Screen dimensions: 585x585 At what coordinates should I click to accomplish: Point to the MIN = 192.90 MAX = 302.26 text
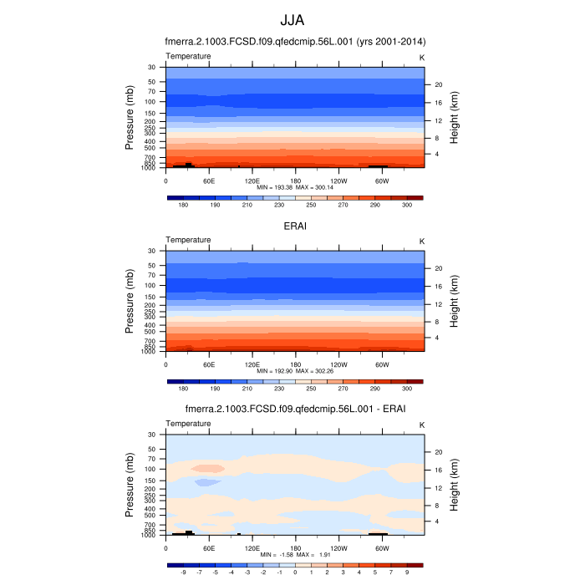tap(294, 370)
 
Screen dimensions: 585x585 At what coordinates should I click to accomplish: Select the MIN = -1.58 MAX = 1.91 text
tap(294, 554)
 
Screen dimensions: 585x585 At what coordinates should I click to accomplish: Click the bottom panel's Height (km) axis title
tap(454, 486)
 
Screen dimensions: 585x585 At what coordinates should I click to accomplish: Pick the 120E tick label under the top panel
tap(252, 180)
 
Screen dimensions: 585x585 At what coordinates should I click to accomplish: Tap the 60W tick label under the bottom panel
tap(380, 547)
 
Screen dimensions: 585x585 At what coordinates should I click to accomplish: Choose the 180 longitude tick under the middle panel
tap(294, 364)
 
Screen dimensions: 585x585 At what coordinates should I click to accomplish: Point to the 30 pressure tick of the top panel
tap(152, 67)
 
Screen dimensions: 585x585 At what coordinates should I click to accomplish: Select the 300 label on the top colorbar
tap(407, 204)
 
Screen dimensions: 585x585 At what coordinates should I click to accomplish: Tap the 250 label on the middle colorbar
tap(310, 388)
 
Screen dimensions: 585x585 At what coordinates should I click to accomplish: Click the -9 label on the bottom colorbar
tap(182, 572)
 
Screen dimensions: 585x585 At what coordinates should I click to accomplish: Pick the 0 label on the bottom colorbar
tap(294, 572)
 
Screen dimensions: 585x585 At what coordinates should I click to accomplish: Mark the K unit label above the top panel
tap(422, 56)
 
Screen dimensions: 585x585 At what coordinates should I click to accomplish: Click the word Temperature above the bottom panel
tap(188, 424)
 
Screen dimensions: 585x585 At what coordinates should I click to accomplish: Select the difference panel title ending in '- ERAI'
tap(294, 409)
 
